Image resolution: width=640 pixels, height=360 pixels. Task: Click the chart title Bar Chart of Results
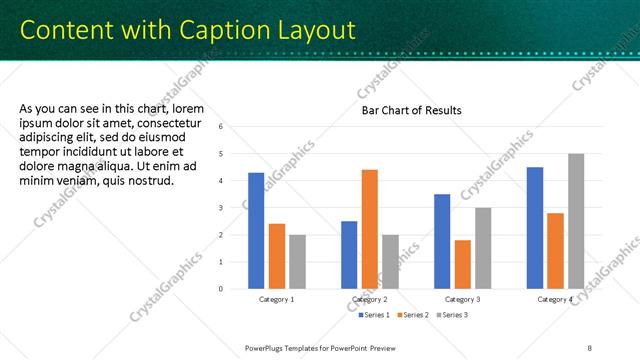[411, 110]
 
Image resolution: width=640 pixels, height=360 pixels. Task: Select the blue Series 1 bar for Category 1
[256, 230]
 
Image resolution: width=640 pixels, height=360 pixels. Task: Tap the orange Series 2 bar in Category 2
[369, 229]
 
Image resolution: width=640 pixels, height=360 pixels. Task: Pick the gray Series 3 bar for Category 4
[575, 221]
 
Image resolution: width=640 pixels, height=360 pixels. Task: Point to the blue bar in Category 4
[535, 227]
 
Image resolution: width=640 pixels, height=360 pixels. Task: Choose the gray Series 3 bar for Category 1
[297, 261]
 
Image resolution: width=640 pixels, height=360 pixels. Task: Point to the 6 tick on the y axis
[234, 127]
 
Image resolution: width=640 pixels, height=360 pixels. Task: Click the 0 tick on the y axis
[234, 289]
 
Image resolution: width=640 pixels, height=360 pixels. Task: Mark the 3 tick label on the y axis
[234, 208]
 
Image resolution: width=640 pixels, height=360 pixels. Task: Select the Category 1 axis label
[277, 300]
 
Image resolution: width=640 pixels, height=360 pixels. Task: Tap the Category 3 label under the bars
[462, 300]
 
